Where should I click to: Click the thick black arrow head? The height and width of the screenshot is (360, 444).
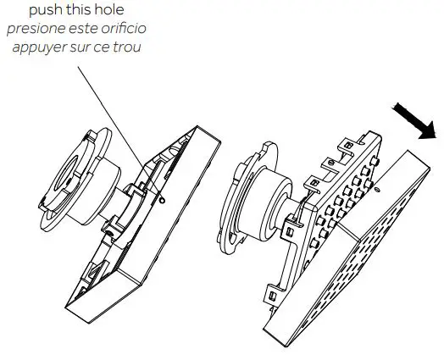point(428,130)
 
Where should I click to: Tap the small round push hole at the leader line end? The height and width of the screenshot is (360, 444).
point(162,201)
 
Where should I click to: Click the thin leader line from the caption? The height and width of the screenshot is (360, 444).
point(119,132)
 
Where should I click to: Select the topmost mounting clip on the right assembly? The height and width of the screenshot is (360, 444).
point(347,145)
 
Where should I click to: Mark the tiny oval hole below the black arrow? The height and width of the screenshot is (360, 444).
point(377,190)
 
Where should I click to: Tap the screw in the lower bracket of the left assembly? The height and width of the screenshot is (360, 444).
point(109,233)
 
